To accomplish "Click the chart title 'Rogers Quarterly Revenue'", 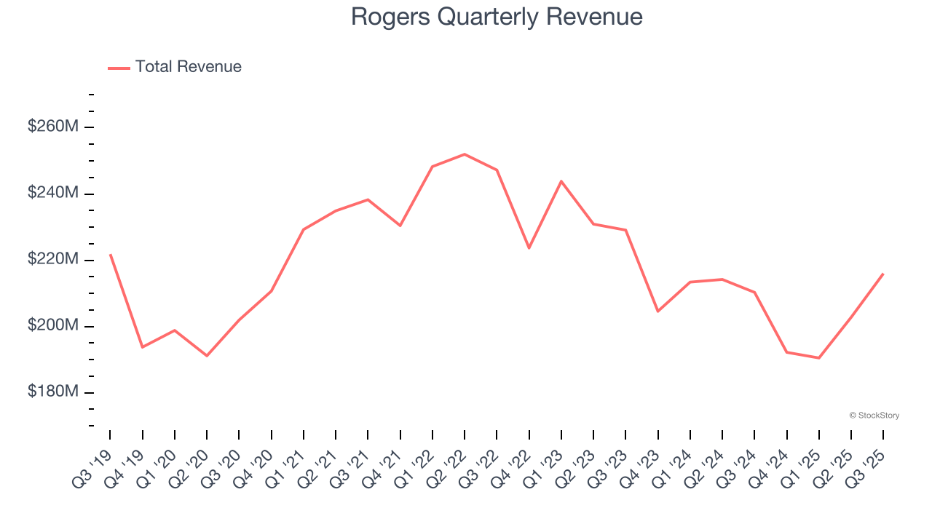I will [x=497, y=17].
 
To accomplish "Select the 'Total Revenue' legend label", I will [x=188, y=67].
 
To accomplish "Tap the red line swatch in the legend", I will [x=119, y=68].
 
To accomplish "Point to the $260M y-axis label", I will [x=52, y=127].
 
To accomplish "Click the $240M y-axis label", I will [x=52, y=193].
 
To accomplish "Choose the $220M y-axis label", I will [x=52, y=259].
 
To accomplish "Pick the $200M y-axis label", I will [x=52, y=325].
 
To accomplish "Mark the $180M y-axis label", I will [x=52, y=392].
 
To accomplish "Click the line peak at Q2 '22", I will [x=465, y=154].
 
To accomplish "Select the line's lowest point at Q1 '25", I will [x=819, y=358].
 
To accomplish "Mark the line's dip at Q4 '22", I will [x=529, y=248].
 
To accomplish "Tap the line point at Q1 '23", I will [x=561, y=180].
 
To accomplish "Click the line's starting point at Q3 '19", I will [x=110, y=255].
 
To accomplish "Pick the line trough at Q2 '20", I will [x=207, y=356].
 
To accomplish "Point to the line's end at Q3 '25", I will [x=883, y=274].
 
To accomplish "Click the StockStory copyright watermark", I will [x=874, y=416].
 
